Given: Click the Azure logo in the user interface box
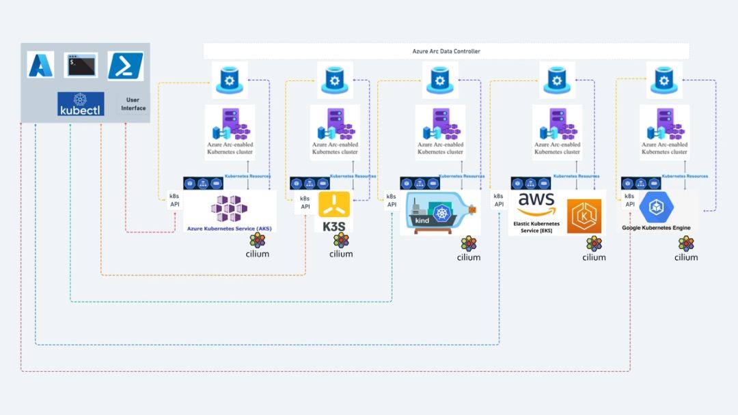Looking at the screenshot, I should (x=41, y=65).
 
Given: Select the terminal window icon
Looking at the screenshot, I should (x=81, y=65).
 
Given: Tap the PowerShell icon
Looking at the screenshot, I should (x=125, y=66).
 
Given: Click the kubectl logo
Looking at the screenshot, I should (x=81, y=104).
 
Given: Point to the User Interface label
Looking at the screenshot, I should (x=133, y=104).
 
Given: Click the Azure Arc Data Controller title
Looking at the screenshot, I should (x=446, y=51).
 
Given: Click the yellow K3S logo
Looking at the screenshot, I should (x=334, y=205).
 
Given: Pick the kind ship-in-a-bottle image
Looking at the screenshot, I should (x=440, y=214).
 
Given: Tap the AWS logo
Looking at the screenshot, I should (x=536, y=203).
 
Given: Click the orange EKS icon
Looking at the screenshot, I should (x=584, y=216).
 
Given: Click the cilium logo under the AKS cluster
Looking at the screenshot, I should (x=258, y=245).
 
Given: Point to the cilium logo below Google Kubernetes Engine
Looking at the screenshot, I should (x=686, y=248).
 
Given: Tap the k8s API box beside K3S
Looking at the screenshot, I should (x=305, y=202).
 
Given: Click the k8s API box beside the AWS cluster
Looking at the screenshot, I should (x=499, y=200).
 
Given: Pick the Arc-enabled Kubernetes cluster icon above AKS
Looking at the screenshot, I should (x=229, y=125).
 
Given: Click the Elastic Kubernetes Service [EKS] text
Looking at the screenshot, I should (x=536, y=227).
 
